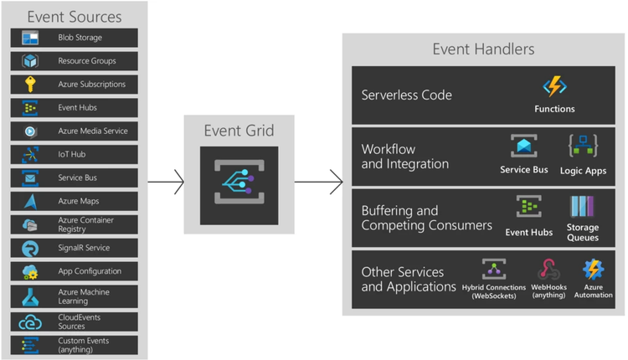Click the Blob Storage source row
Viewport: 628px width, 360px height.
[75, 38]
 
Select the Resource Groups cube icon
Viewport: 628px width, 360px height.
[30, 61]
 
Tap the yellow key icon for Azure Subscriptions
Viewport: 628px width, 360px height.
[30, 85]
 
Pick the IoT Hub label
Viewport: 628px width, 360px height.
[72, 155]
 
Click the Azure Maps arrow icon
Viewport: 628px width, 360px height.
[30, 202]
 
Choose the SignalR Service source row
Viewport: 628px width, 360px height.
[75, 249]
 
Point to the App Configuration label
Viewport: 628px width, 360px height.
[90, 271]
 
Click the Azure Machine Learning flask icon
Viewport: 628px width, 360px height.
[30, 296]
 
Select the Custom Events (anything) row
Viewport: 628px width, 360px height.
[75, 344]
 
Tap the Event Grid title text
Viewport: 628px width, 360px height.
[239, 130]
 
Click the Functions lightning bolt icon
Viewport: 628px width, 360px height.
[554, 86]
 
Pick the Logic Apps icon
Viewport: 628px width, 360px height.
[584, 147]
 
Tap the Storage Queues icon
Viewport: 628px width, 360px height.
[582, 207]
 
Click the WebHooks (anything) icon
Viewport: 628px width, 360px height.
[549, 270]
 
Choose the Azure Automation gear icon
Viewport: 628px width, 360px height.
[593, 270]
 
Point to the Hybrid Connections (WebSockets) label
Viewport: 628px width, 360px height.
[494, 291]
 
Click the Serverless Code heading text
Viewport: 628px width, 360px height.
[407, 95]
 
